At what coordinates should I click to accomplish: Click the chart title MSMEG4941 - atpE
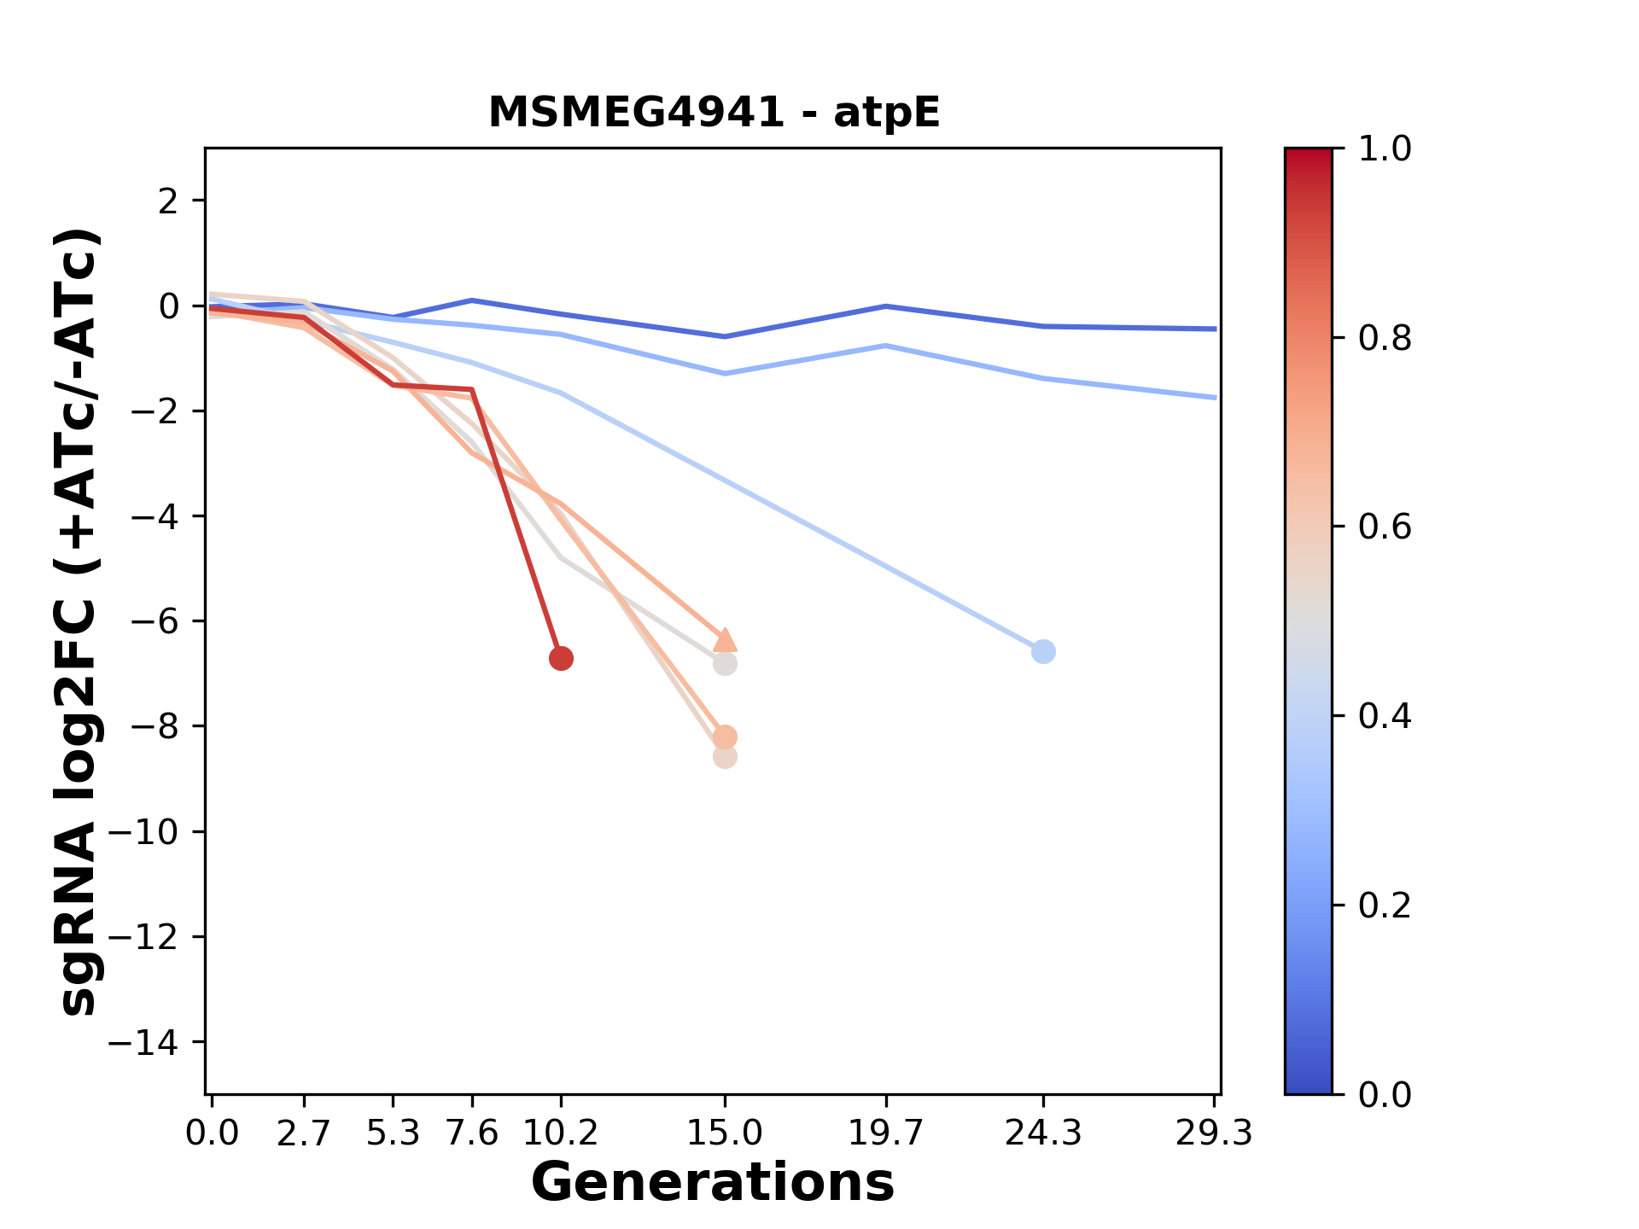[714, 113]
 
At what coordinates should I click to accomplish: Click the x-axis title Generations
[713, 1183]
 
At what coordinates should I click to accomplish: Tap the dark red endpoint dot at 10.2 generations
[561, 658]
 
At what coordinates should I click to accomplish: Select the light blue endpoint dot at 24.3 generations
[1043, 651]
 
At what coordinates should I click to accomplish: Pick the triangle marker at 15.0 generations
[725, 639]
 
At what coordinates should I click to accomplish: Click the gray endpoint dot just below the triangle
[725, 663]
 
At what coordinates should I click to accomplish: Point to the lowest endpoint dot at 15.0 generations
[725, 757]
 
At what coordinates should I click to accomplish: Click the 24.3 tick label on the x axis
[1043, 1133]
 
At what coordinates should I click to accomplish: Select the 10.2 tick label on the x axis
[561, 1133]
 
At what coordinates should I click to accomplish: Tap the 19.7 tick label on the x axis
[886, 1133]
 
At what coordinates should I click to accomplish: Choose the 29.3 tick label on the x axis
[1214, 1133]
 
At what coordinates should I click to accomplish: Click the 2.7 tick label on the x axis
[304, 1133]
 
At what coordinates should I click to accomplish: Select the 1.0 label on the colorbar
[1384, 149]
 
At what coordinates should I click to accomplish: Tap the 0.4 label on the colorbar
[1384, 716]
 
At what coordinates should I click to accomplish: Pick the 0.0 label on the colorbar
[1384, 1094]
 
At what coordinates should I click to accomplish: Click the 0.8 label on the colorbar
[1384, 339]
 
